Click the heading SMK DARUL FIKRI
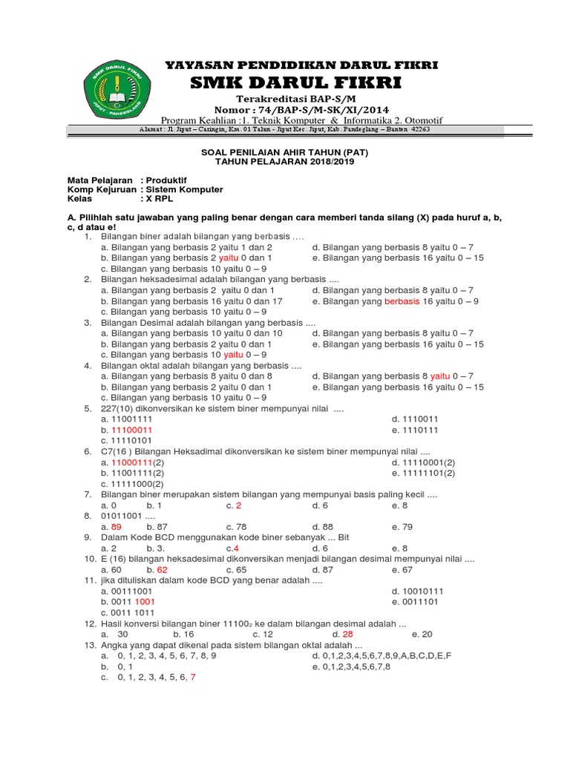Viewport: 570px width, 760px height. pos(296,82)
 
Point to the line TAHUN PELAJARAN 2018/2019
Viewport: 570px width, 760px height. pos(286,161)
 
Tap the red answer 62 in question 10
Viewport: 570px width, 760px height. pos(162,569)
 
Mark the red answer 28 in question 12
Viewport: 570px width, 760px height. pos(347,634)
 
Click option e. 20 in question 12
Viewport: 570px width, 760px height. pos(422,634)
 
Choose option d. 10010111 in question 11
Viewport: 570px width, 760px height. pos(418,591)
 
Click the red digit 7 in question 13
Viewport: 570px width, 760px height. pos(193,677)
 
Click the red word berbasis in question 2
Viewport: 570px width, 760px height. pos(402,301)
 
